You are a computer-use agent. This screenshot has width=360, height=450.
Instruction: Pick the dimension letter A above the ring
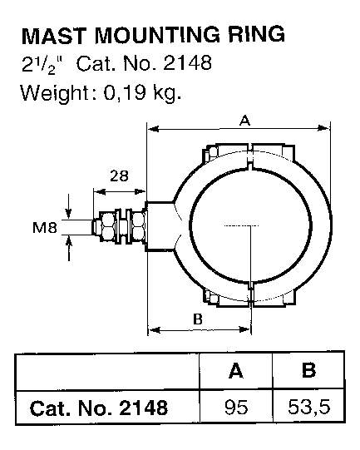pyautogui.click(x=244, y=121)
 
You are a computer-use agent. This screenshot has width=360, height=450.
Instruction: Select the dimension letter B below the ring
pyautogui.click(x=198, y=318)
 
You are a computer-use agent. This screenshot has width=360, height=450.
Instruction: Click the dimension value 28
pyautogui.click(x=118, y=176)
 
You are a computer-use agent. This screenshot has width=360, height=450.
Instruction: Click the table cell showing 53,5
pyautogui.click(x=308, y=408)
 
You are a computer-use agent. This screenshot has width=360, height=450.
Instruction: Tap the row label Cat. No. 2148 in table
pyautogui.click(x=99, y=408)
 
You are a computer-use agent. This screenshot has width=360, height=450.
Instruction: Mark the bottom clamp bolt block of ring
pyautogui.click(x=249, y=297)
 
